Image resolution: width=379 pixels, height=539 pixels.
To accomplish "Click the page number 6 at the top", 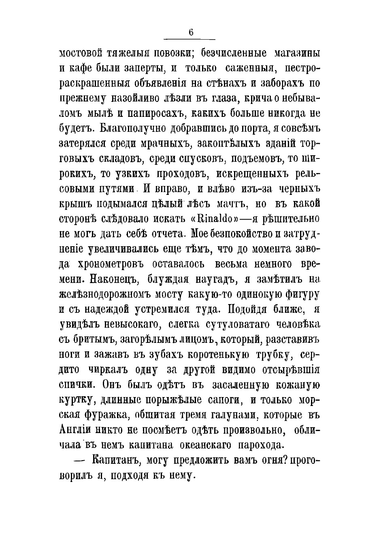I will click(190, 33).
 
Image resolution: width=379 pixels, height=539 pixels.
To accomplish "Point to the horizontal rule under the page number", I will click(189, 40).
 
